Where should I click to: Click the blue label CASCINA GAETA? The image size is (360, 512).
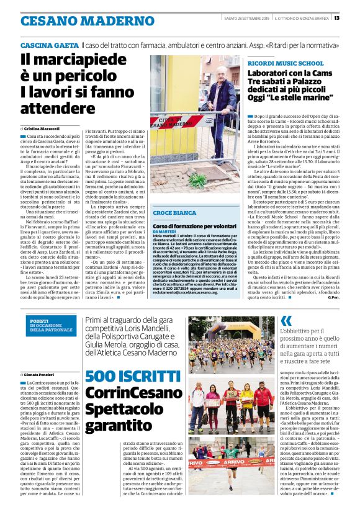(49, 46)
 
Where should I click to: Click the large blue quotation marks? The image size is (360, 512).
(286, 320)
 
